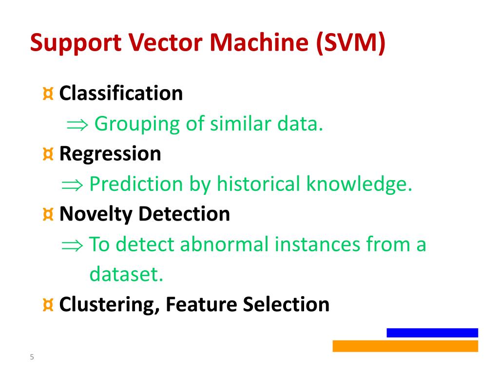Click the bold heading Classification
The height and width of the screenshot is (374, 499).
pyautogui.click(x=121, y=93)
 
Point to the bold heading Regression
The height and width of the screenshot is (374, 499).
pyautogui.click(x=110, y=154)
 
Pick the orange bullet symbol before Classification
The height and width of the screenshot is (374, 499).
pyautogui.click(x=48, y=93)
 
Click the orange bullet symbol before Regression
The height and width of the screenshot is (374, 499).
pyautogui.click(x=48, y=154)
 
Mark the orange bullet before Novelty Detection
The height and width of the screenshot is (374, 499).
pyautogui.click(x=48, y=214)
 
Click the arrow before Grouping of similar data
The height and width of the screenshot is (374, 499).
pyautogui.click(x=77, y=125)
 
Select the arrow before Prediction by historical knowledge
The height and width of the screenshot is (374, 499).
pyautogui.click(x=72, y=185)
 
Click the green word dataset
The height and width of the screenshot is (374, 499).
pyautogui.click(x=126, y=275)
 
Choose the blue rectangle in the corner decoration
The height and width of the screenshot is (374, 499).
pyautogui.click(x=432, y=333)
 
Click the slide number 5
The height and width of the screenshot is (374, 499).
pyautogui.click(x=32, y=357)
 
